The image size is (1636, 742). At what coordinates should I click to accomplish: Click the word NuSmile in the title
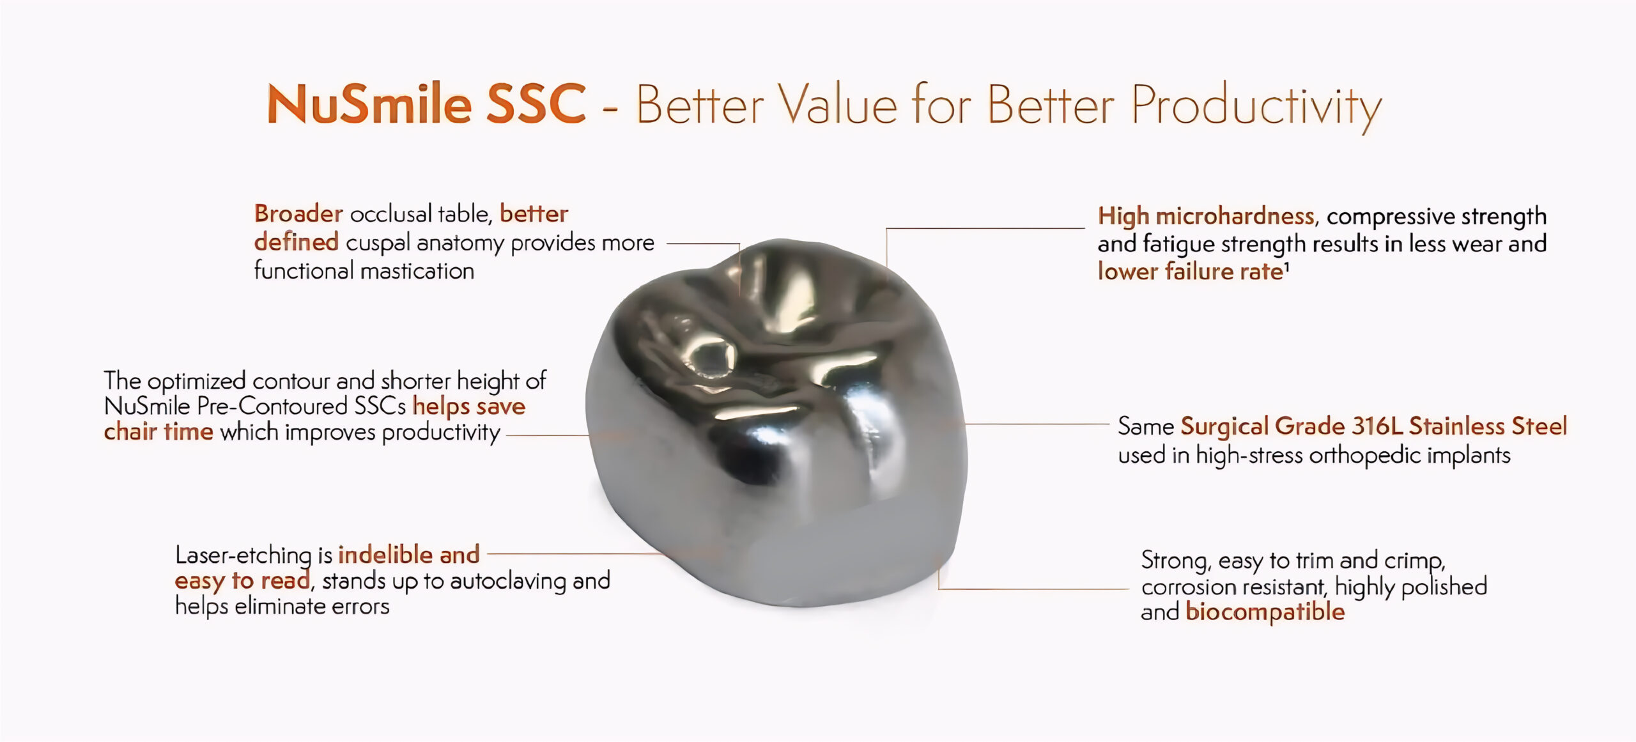click(369, 104)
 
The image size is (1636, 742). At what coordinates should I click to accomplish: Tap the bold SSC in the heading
click(536, 104)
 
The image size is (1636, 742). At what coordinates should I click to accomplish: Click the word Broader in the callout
click(298, 213)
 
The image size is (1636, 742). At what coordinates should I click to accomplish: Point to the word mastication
click(418, 271)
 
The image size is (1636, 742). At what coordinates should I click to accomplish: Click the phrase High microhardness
click(1206, 216)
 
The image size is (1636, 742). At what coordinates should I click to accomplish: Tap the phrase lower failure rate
click(1191, 272)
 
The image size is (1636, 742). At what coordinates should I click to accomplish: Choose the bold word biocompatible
click(1265, 612)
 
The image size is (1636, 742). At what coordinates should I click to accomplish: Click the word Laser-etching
click(243, 555)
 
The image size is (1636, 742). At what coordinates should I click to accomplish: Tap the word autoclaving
click(508, 581)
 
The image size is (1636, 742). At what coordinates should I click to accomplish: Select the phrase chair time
click(158, 432)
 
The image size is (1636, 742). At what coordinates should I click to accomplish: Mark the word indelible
click(385, 555)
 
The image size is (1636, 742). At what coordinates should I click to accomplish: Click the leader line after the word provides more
click(703, 244)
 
